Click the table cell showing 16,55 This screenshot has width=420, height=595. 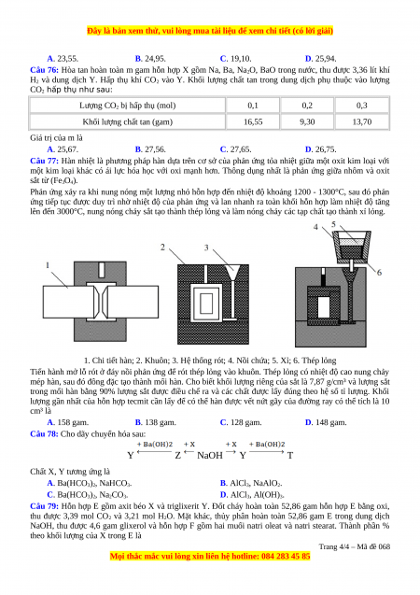click(x=253, y=121)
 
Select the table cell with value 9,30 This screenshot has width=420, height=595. click(x=307, y=121)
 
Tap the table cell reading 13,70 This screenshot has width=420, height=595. click(x=362, y=121)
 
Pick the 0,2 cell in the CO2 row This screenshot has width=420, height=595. click(x=307, y=106)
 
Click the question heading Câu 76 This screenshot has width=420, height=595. click(x=45, y=70)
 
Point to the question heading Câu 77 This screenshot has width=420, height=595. click(x=45, y=161)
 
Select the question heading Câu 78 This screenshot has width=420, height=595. click(x=45, y=433)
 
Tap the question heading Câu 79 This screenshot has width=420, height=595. click(x=45, y=506)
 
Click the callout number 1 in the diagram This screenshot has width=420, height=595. click(x=48, y=265)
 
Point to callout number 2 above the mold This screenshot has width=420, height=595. click(x=162, y=247)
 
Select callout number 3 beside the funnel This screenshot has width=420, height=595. click(x=206, y=248)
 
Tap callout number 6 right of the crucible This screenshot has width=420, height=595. click(x=379, y=273)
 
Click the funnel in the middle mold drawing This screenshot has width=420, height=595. click(x=231, y=273)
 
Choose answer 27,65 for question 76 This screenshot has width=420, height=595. click(x=235, y=149)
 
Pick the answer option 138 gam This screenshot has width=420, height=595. click(x=156, y=422)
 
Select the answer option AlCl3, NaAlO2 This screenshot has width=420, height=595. click(x=251, y=483)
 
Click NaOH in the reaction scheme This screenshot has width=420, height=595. click(x=210, y=456)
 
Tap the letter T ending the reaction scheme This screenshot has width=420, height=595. click(x=290, y=456)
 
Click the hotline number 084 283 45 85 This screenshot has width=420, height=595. click(x=286, y=557)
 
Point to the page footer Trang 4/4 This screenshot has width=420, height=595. click(x=334, y=546)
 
